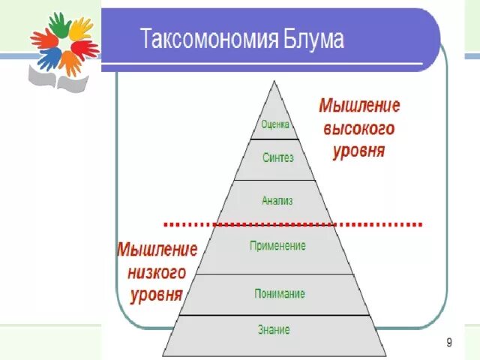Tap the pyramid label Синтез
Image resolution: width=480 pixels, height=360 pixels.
[x=277, y=158]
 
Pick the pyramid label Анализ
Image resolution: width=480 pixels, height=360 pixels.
[x=277, y=200]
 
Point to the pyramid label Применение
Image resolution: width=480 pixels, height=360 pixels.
[x=277, y=245]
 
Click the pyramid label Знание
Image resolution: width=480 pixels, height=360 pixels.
[x=274, y=329]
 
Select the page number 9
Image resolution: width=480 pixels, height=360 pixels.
[x=448, y=343]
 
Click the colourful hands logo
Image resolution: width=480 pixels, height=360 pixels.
[x=64, y=45]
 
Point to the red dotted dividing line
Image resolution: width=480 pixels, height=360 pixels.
[x=292, y=223]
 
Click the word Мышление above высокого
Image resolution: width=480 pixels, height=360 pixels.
[x=359, y=104]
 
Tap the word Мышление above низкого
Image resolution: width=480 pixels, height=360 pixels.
[x=157, y=248]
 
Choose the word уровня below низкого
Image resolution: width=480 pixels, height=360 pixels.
[x=156, y=294]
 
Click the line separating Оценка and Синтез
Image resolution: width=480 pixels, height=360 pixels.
[x=274, y=139]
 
